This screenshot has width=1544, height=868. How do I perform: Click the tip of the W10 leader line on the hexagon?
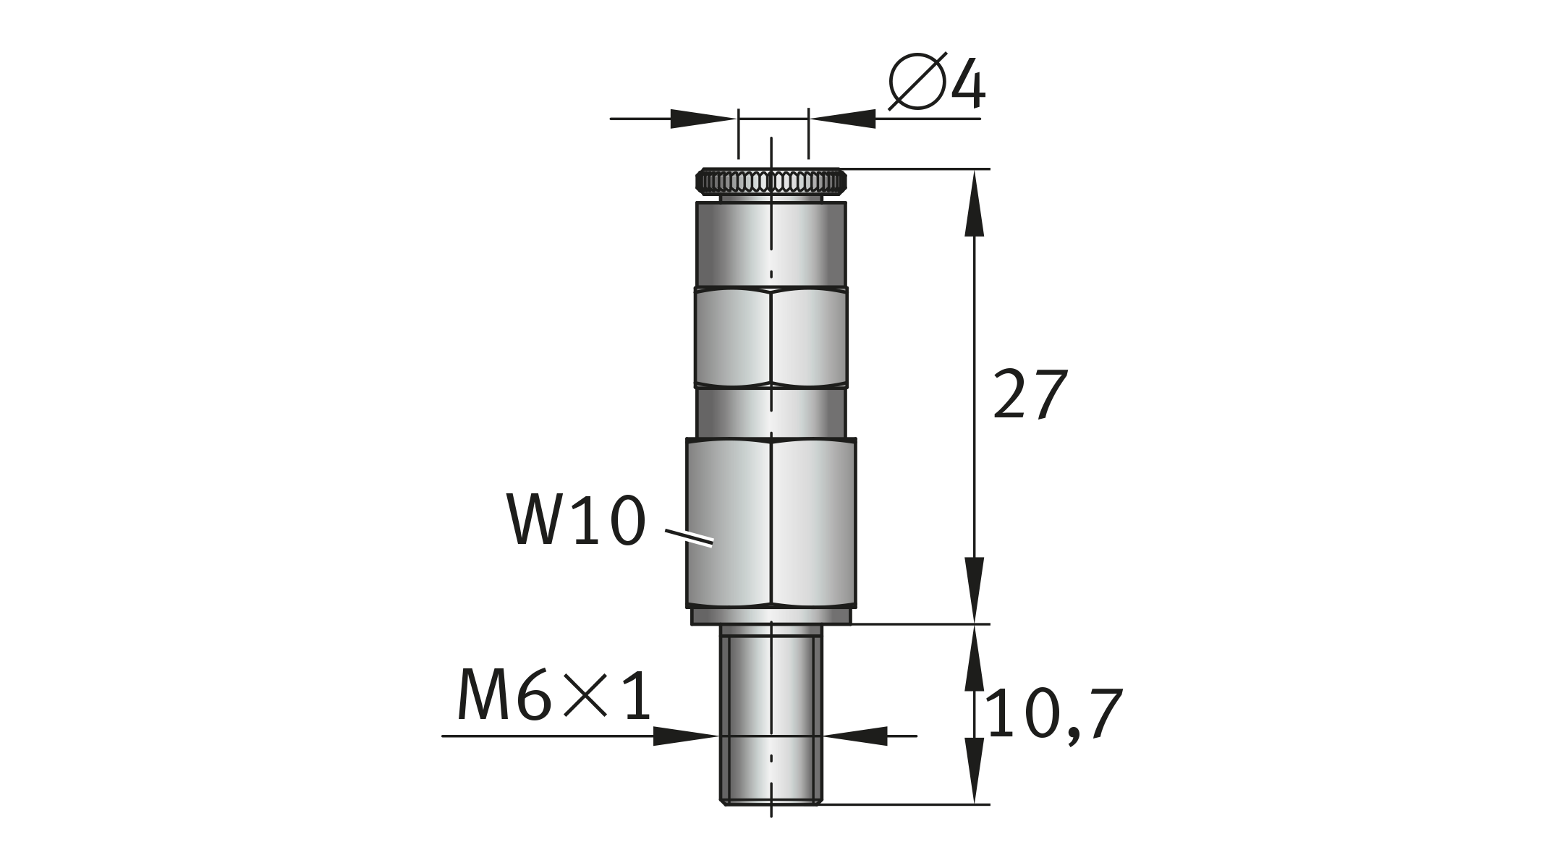713,543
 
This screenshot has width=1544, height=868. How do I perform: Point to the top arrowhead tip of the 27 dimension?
974,171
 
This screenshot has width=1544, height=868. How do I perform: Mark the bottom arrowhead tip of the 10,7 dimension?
974,803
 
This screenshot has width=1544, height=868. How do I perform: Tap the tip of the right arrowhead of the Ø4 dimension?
809,119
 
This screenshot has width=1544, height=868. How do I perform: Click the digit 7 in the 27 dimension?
1051,394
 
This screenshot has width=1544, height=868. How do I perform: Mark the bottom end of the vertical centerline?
771,818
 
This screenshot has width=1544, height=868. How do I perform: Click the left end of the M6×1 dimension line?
442,736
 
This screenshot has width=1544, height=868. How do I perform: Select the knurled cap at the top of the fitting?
771,181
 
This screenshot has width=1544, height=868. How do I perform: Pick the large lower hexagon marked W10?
771,522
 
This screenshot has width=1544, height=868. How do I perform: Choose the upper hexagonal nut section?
771,338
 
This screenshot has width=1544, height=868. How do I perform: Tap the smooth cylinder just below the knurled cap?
771,244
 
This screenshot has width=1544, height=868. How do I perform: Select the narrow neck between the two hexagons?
771,413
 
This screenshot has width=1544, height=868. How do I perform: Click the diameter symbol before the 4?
917,81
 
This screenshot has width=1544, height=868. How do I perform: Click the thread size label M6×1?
555,695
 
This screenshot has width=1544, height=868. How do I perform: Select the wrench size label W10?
575,519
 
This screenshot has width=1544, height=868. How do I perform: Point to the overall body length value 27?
1030,394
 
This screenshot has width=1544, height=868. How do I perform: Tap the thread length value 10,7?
1053,715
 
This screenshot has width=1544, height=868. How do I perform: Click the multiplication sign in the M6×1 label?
585,696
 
